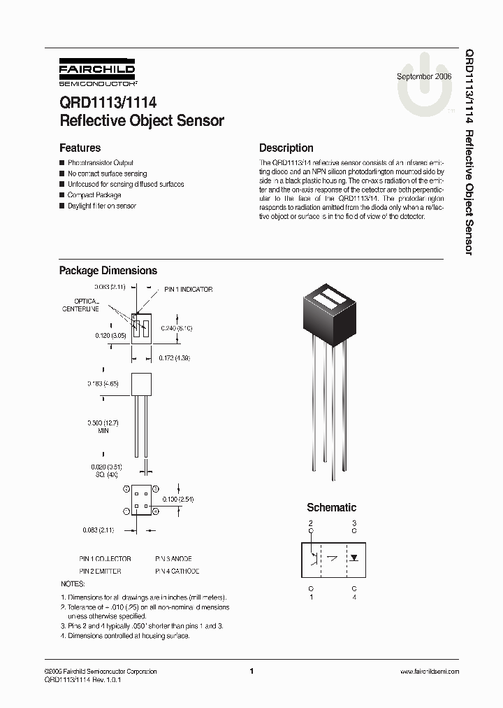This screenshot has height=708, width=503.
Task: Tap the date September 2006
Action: point(424,76)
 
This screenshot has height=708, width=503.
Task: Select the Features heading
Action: point(80,148)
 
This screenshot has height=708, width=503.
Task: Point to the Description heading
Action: point(286,148)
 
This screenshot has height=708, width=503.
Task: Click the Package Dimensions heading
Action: point(108,271)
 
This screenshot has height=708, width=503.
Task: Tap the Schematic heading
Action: point(331,507)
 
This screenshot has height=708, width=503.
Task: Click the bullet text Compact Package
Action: point(94,195)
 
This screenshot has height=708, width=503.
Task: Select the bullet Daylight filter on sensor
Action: point(101,206)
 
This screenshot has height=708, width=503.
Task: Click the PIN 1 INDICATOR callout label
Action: point(188,290)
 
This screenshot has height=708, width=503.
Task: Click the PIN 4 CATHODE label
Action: point(177,571)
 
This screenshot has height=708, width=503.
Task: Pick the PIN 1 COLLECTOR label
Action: point(105,559)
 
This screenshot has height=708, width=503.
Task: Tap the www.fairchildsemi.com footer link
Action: point(430,672)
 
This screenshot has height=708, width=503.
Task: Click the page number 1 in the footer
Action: point(251,672)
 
